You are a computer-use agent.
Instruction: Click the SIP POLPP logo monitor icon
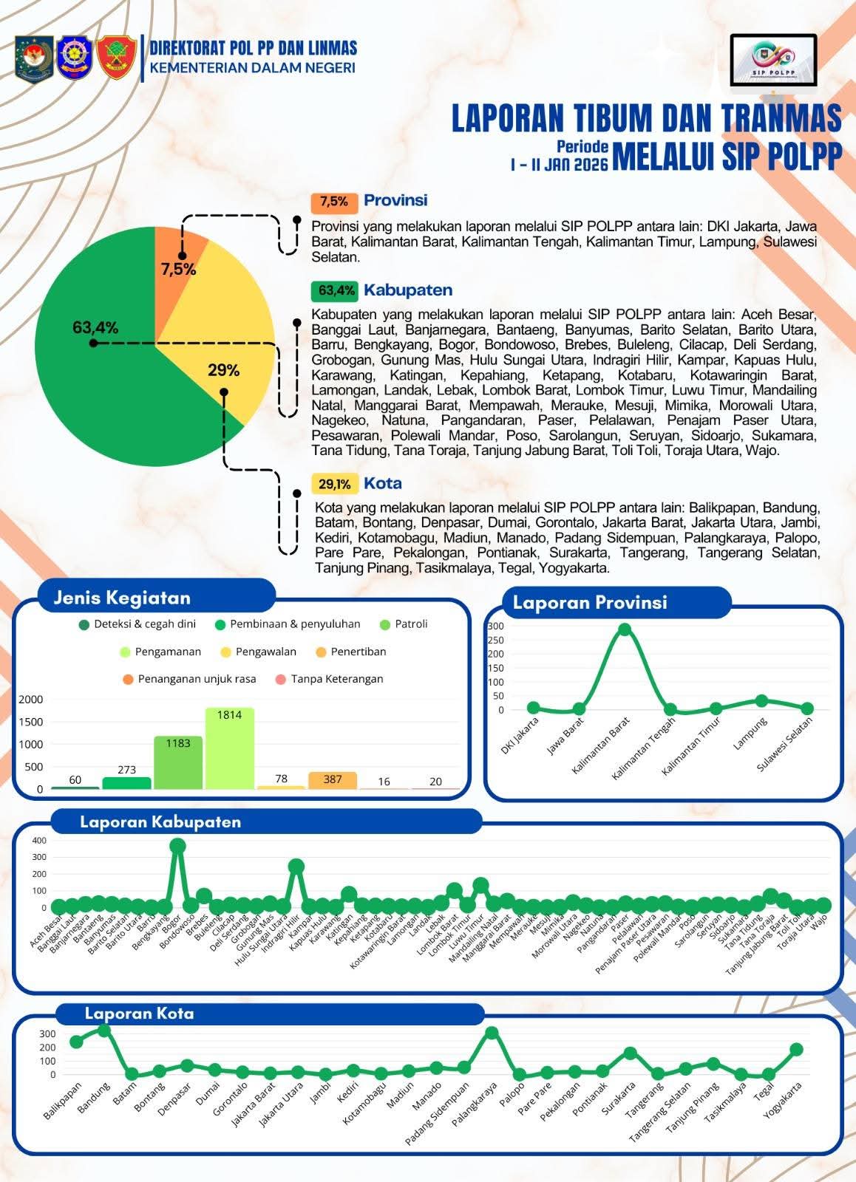pyautogui.click(x=773, y=61)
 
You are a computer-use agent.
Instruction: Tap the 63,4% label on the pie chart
pyautogui.click(x=95, y=327)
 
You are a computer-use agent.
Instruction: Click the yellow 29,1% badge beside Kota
pyautogui.click(x=334, y=484)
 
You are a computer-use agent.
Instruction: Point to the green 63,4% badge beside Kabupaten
pyautogui.click(x=334, y=290)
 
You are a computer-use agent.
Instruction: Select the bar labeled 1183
pyautogui.click(x=177, y=762)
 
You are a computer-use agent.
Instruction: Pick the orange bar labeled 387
pyautogui.click(x=333, y=780)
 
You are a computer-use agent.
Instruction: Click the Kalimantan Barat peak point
pyautogui.click(x=625, y=629)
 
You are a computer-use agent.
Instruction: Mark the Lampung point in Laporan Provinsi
pyautogui.click(x=761, y=700)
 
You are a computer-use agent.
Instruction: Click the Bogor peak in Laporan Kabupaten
pyautogui.click(x=177, y=846)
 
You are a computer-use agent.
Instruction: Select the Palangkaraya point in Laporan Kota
pyautogui.click(x=492, y=1033)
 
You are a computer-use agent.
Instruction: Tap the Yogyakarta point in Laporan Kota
pyautogui.click(x=796, y=1049)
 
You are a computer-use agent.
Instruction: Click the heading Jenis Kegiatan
pyautogui.click(x=122, y=598)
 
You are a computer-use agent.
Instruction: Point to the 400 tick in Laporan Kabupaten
pyautogui.click(x=39, y=841)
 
